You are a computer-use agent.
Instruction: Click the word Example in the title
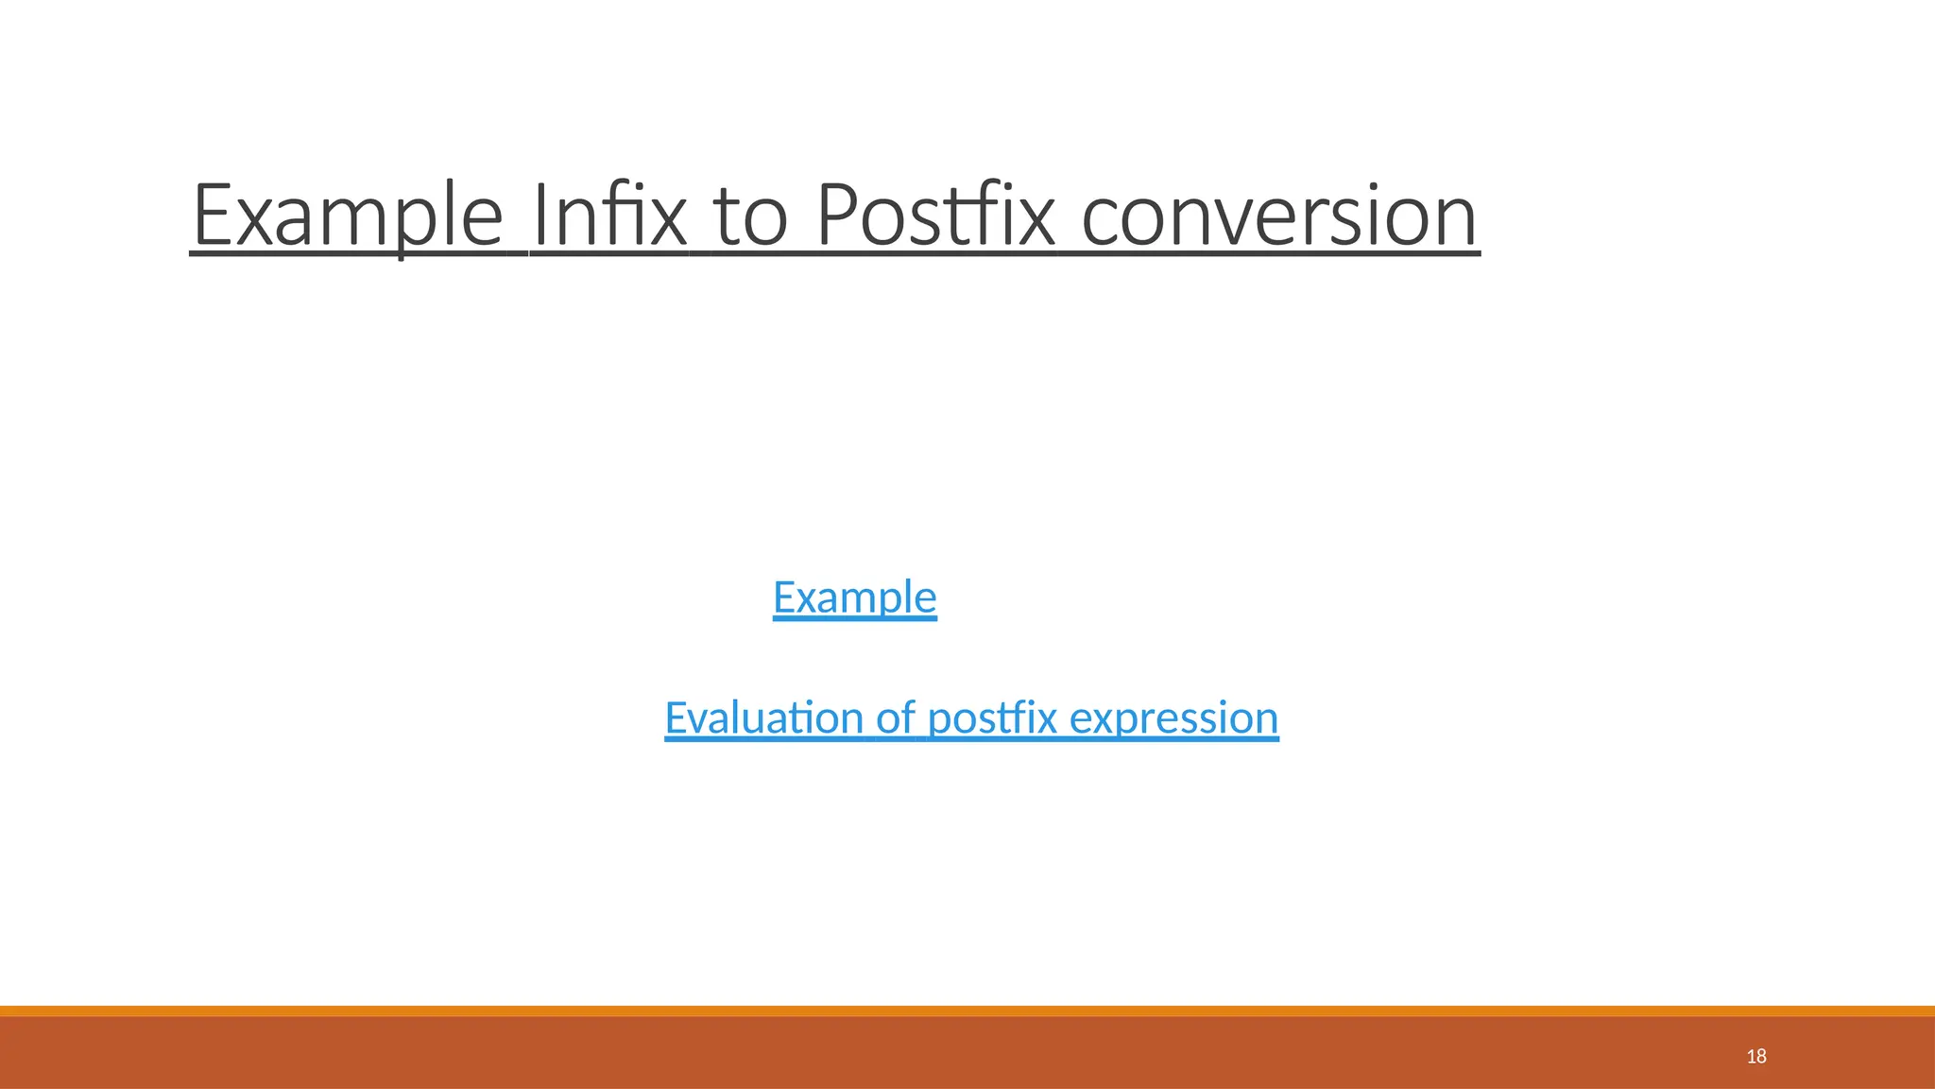[347, 216]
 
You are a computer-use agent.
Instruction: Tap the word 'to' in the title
[751, 216]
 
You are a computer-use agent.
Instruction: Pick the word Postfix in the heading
[934, 216]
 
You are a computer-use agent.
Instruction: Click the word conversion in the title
[1279, 216]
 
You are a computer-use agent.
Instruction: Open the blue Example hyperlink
[854, 597]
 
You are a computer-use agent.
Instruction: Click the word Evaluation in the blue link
[763, 717]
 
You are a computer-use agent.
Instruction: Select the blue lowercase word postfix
[992, 717]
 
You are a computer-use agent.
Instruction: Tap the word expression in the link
[1174, 717]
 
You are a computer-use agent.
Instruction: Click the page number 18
[1756, 1056]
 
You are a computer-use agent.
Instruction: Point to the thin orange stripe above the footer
[967, 1011]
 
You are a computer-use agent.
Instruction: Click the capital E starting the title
[214, 216]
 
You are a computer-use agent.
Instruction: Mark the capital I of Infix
[539, 216]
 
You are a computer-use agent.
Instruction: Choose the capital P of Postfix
[835, 216]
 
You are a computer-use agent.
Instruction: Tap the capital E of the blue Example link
[784, 597]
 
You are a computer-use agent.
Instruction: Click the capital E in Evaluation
[676, 717]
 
